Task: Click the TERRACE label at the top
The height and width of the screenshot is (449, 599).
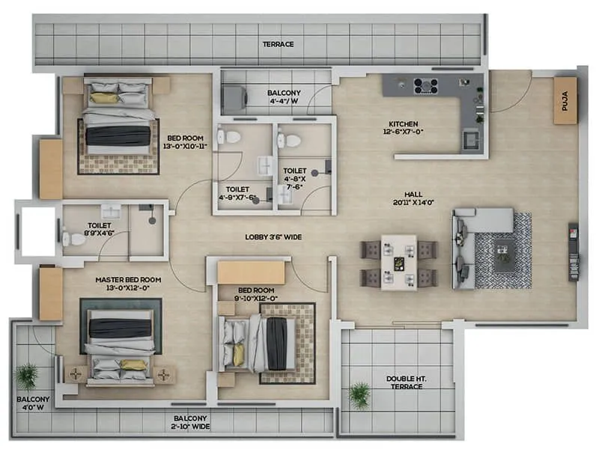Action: point(278,44)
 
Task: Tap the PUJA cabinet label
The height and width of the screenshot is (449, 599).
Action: point(565,100)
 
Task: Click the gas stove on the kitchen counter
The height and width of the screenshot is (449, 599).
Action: point(426,85)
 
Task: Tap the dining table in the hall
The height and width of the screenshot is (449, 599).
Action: point(398,262)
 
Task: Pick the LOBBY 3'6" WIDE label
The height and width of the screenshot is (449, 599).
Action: point(273,236)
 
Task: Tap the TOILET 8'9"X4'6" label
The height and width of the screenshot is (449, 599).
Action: point(100,228)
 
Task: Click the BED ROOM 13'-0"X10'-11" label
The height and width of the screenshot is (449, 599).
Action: point(183,142)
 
